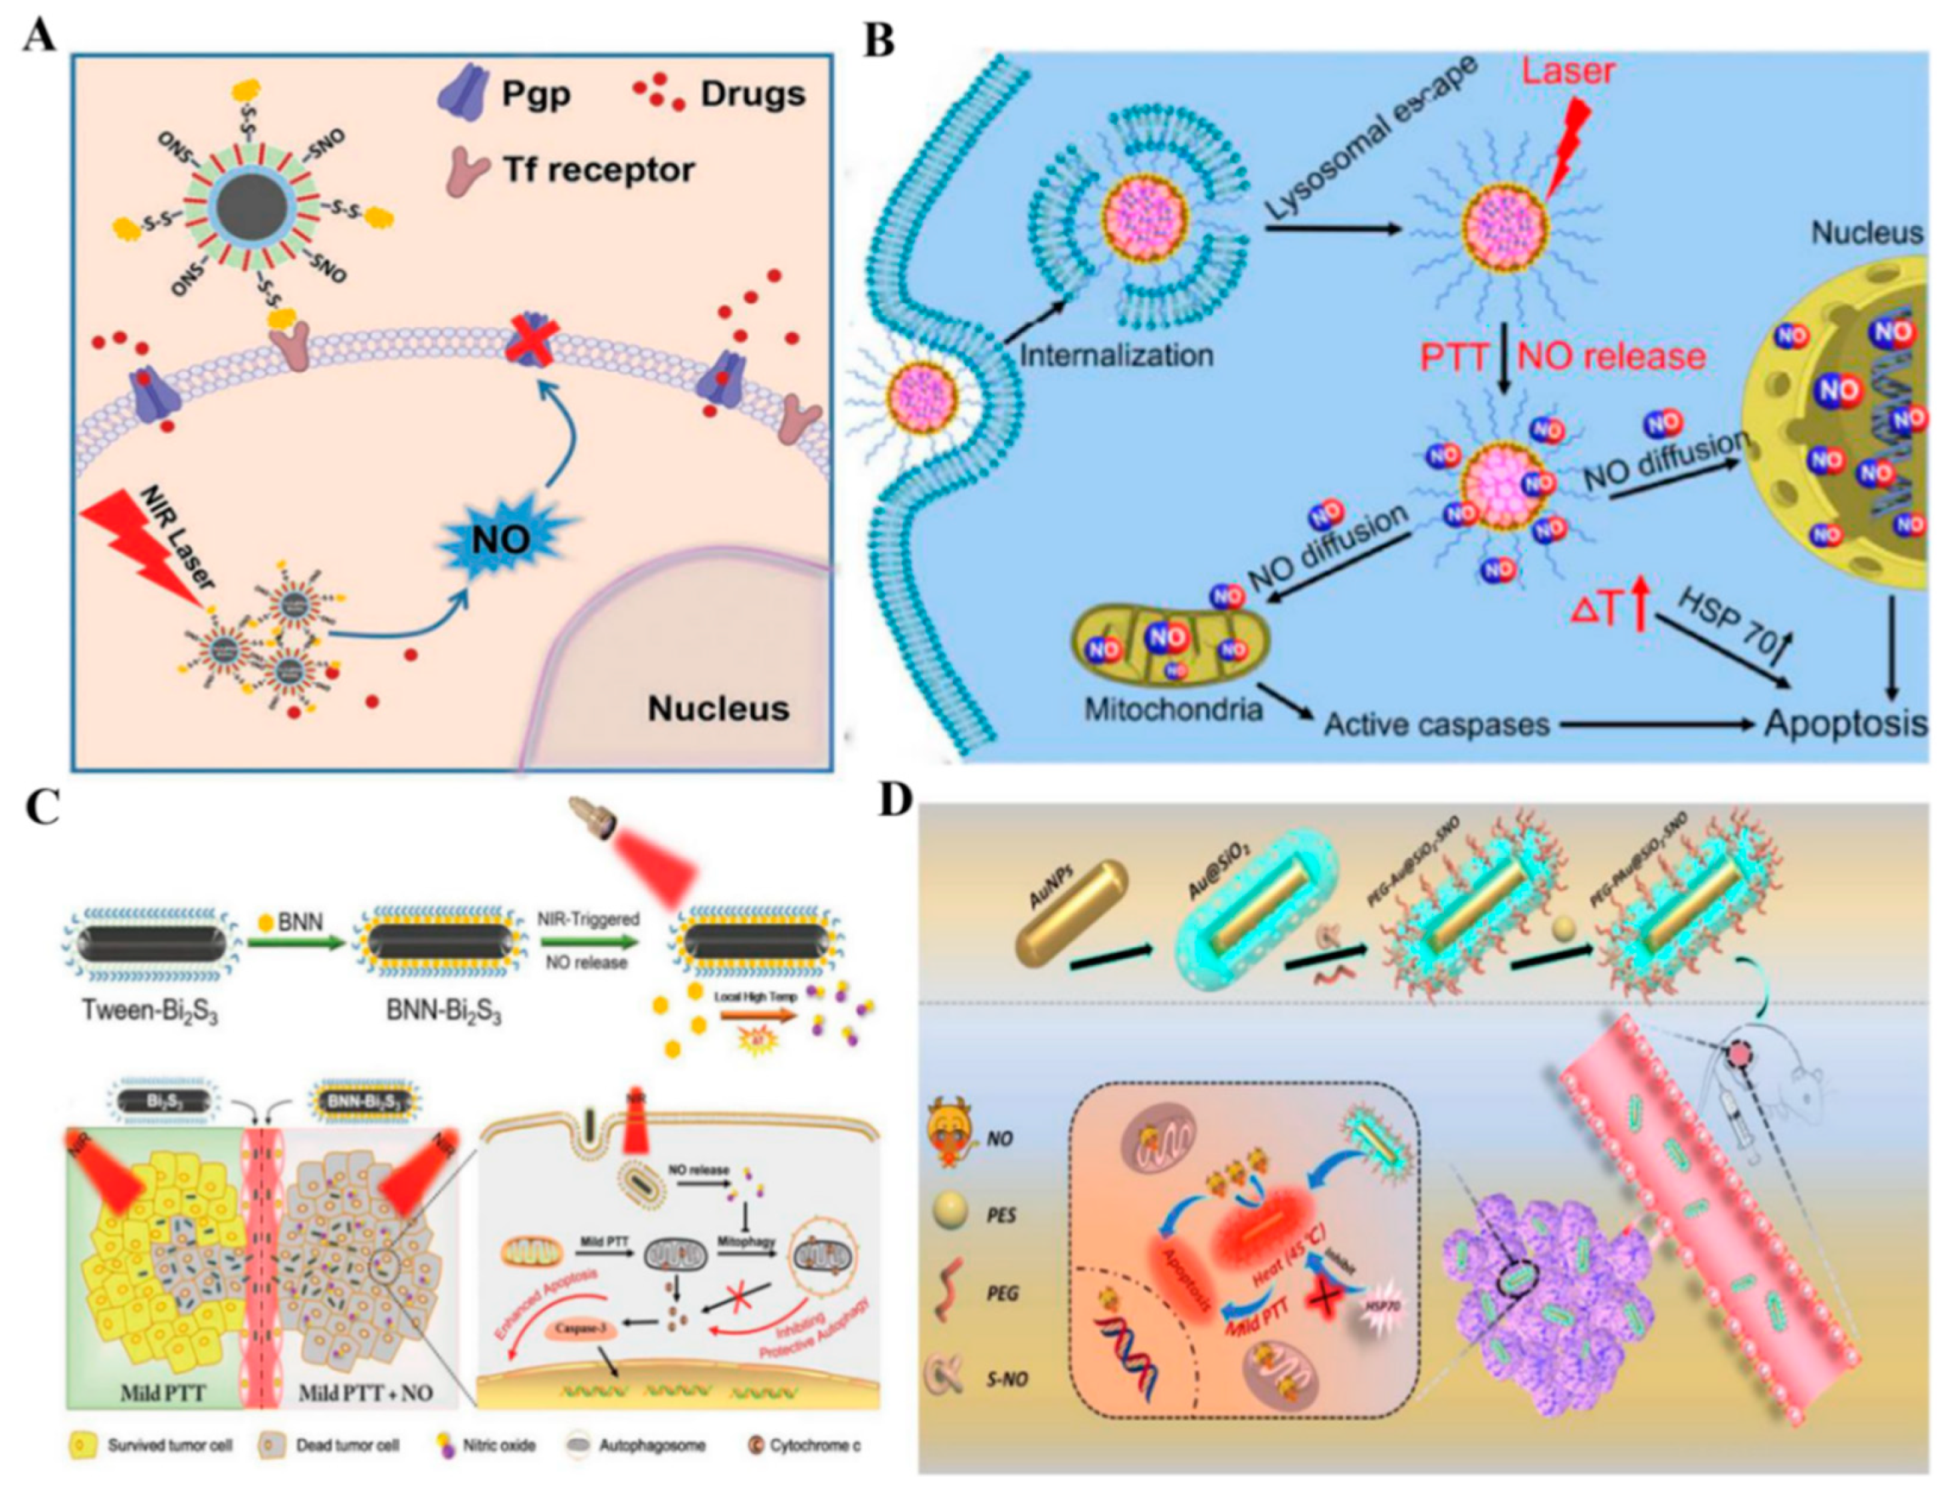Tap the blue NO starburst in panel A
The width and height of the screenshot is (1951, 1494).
(x=500, y=537)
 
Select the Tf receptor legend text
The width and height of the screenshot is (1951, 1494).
(x=599, y=169)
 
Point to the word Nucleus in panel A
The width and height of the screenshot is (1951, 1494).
(x=718, y=708)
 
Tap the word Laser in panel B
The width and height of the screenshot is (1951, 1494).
(x=1567, y=71)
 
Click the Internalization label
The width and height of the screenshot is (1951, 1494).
(x=1115, y=356)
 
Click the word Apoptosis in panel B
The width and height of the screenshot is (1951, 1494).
(x=1844, y=724)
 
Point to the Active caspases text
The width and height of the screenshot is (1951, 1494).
(x=1436, y=724)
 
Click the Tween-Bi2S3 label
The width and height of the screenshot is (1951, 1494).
(x=149, y=1011)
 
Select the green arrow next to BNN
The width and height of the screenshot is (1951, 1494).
(x=296, y=944)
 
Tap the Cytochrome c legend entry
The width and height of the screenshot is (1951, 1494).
(x=804, y=1445)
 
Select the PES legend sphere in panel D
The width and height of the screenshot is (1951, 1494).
(x=944, y=1215)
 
